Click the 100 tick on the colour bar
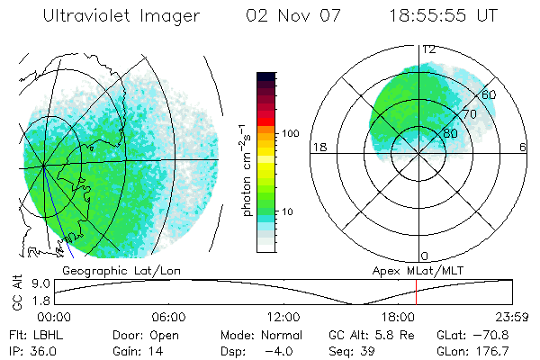[289, 133]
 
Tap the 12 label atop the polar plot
[429, 49]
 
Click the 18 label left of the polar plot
[318, 147]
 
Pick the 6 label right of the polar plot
[523, 147]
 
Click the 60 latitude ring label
[490, 94]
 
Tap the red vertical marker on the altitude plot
[417, 292]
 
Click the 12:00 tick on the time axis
[283, 317]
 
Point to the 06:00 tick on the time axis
[169, 317]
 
